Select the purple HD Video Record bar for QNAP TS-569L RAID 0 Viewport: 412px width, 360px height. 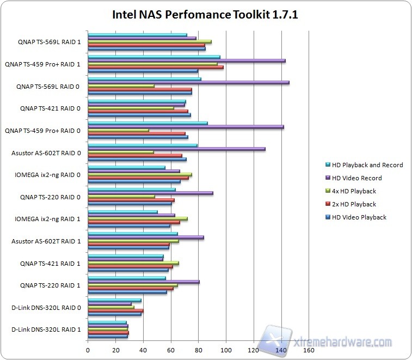[x=188, y=83]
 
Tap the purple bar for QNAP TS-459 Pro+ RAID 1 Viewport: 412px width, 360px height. [x=186, y=60]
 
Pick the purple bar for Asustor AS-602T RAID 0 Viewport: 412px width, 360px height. [x=176, y=149]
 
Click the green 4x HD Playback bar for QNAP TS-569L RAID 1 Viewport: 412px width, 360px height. [x=150, y=41]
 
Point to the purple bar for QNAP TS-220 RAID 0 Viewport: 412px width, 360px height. [x=150, y=193]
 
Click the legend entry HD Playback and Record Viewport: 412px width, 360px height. [x=362, y=165]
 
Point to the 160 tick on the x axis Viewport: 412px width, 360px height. [x=309, y=350]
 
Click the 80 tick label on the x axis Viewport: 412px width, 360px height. [x=198, y=350]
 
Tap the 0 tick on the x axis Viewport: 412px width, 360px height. [x=88, y=350]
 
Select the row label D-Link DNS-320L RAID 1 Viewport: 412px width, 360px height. [x=46, y=330]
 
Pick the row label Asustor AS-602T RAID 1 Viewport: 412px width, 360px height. [x=46, y=241]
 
